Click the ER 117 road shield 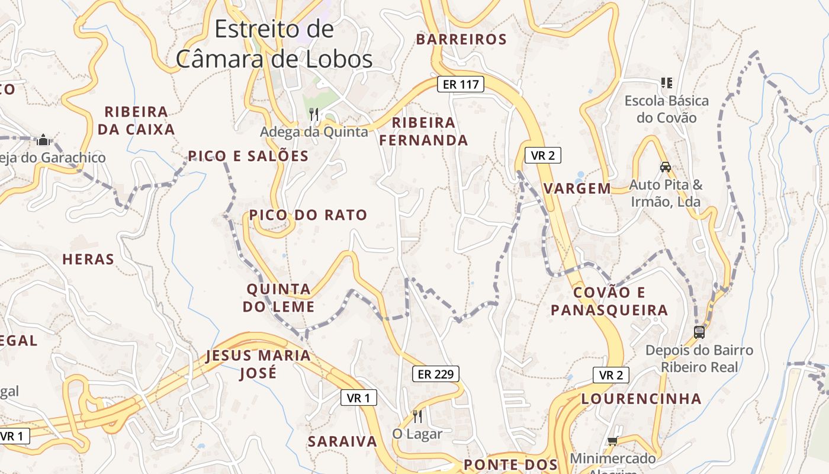[x=461, y=84]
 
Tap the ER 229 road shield [x=435, y=374]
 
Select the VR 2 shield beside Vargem [x=542, y=156]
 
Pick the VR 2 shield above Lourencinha [x=610, y=375]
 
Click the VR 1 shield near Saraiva [x=359, y=398]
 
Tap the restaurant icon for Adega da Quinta [x=314, y=114]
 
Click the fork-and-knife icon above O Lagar [x=417, y=417]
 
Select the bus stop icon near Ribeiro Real [x=699, y=332]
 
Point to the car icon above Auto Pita [x=666, y=167]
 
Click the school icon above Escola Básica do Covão [x=667, y=83]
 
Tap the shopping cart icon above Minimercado [x=612, y=441]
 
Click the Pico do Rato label [x=309, y=215]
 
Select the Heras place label [x=88, y=260]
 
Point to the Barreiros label [x=461, y=40]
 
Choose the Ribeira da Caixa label [x=136, y=120]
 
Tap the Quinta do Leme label [x=278, y=298]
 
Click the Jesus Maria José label [x=258, y=364]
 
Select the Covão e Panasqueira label [x=609, y=301]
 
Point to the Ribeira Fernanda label [x=423, y=132]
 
